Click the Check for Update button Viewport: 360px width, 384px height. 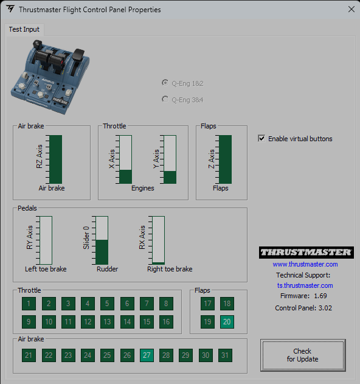pos(303,355)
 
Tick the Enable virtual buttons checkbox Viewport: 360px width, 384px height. pos(261,138)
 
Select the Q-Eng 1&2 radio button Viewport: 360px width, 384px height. pos(165,83)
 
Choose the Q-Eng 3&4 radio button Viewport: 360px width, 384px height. pos(165,99)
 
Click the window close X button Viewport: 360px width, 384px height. pos(351,9)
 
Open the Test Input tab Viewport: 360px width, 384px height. pos(24,29)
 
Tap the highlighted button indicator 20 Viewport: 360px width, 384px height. pos(227,321)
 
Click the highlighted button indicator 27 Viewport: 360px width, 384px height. pos(147,355)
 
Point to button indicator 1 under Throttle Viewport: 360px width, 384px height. pos(29,304)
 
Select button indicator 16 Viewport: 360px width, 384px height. pos(166,321)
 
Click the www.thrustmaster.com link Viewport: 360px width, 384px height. pos(305,264)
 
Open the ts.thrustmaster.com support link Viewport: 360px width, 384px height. pos(305,285)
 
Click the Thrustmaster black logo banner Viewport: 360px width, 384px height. pos(306,253)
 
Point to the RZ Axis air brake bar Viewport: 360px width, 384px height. pos(55,159)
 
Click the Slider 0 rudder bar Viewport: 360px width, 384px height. pos(102,240)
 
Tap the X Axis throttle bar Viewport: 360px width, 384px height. pos(125,159)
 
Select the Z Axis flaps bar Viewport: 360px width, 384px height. pos(225,159)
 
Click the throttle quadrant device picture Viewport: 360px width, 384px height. pos(50,77)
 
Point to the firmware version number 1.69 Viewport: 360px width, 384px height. pos(320,296)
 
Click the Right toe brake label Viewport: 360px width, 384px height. pos(170,269)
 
